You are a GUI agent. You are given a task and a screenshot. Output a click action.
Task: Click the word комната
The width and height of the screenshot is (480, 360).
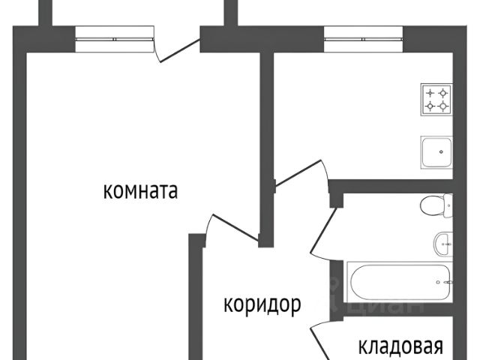[140, 191]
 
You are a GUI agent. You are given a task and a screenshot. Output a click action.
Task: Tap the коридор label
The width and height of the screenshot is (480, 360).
[262, 304]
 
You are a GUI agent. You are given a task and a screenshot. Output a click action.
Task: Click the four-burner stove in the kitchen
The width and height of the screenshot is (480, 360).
[437, 100]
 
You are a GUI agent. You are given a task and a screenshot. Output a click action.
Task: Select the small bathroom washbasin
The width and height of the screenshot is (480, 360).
[442, 241]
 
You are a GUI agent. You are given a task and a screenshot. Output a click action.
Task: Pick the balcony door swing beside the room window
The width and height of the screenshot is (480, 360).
[172, 46]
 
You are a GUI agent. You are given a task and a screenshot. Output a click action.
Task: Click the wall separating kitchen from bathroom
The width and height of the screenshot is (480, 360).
[394, 184]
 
